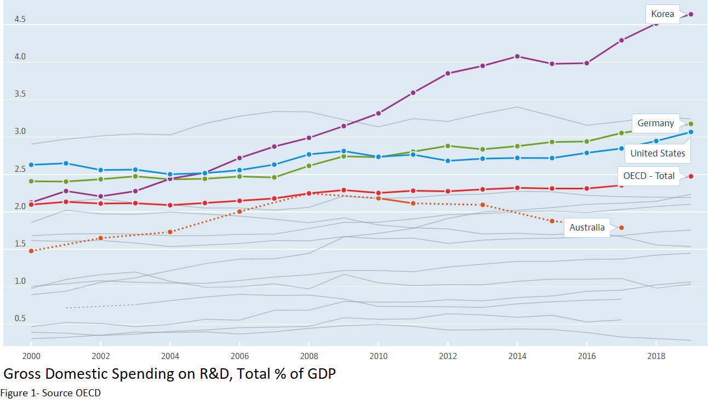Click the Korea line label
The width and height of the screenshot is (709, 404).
[662, 14]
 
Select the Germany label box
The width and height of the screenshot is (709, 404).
[655, 123]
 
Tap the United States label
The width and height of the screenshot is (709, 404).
[657, 153]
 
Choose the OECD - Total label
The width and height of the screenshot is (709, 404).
[649, 176]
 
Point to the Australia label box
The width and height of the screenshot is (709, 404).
[587, 227]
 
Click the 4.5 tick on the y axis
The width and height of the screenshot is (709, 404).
[20, 19]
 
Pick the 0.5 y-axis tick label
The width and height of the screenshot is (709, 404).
[20, 318]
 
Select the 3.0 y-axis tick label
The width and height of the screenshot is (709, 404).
[20, 132]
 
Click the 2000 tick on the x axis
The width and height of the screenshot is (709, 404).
[31, 356]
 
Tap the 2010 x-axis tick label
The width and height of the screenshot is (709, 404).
[378, 356]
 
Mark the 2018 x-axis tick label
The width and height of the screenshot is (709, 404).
[656, 356]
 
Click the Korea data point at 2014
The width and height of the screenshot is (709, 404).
[517, 57]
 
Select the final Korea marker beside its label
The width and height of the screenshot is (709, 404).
[691, 14]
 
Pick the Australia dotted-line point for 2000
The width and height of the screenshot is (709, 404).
[31, 251]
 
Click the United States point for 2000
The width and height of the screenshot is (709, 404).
[31, 165]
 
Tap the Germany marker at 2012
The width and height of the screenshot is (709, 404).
[448, 146]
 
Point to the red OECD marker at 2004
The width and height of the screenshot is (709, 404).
[170, 205]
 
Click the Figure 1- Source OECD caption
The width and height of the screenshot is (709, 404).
[50, 393]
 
